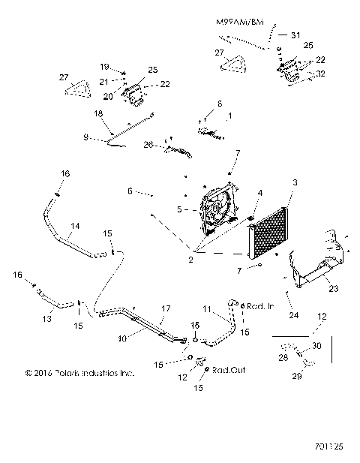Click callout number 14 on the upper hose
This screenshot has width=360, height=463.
pos(74,225)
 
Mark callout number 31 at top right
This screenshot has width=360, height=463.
pos(295,35)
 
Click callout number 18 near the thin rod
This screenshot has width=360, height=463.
pos(97,113)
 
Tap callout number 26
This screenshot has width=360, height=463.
pos(148,145)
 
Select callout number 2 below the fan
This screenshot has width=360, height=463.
pos(192,260)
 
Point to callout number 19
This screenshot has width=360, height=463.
pos(106,66)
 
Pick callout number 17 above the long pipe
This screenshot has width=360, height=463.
pos(166,308)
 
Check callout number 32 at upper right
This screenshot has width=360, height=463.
pos(322,74)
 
